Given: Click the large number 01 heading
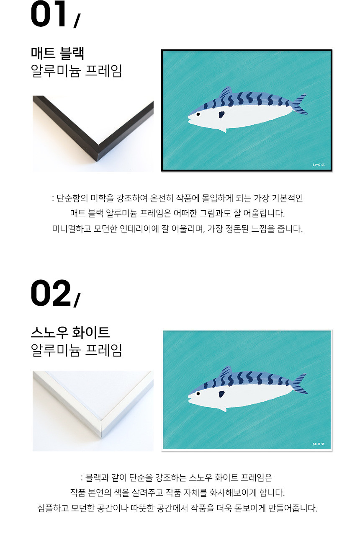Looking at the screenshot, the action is click(x=49, y=14).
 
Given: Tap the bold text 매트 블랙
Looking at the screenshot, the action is click(x=58, y=53).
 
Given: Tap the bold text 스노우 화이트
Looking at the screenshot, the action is click(x=70, y=333).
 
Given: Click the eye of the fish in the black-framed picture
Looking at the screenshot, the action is click(x=198, y=114).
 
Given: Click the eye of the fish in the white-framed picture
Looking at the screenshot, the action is click(x=198, y=394).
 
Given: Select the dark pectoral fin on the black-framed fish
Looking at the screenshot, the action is click(x=221, y=114).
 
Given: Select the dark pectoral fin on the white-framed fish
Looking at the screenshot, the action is click(x=221, y=394).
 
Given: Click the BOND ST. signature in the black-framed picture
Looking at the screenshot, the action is click(x=319, y=165).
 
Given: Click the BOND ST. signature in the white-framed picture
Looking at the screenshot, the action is click(x=319, y=444).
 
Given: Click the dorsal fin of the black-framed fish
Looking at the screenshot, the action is click(x=226, y=92).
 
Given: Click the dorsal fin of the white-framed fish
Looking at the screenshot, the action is click(x=226, y=372).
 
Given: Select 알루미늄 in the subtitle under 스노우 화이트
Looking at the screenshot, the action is click(x=56, y=350).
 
